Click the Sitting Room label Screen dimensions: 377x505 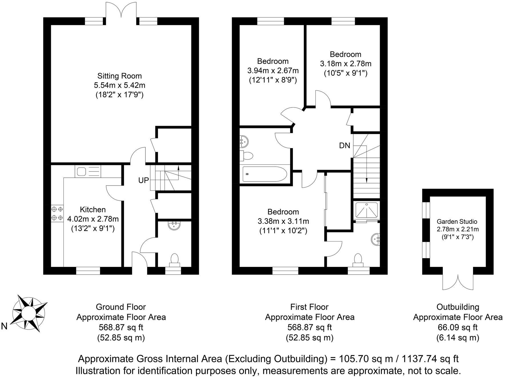point(119,76)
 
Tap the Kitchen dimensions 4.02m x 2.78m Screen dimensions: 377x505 point(93,219)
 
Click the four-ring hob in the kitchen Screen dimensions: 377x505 point(57,214)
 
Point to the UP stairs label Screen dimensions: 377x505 point(144,180)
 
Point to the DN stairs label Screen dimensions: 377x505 point(344,145)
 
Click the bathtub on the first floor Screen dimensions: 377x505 point(264,174)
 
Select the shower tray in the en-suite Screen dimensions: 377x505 point(367,210)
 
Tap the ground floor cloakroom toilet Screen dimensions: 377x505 point(174,260)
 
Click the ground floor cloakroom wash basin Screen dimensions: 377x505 point(174,225)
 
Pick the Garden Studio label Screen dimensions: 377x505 point(457,222)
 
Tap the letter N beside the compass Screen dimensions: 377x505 point(4,326)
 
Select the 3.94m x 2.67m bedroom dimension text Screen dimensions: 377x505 point(273,71)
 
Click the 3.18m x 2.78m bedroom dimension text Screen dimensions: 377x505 point(345,64)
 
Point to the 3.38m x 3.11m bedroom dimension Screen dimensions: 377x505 point(283,221)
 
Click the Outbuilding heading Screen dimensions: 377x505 point(458,307)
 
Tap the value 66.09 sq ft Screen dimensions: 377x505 point(458,327)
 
